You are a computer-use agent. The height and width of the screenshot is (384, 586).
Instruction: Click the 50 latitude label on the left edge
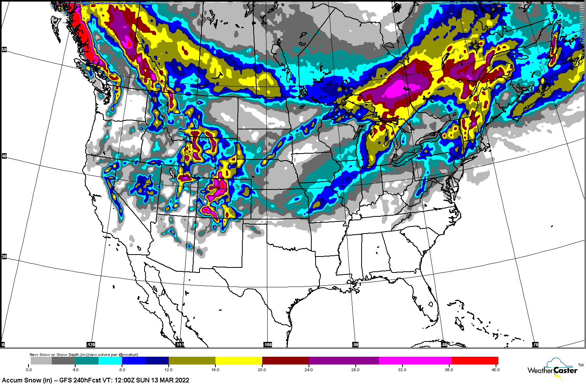(4, 50)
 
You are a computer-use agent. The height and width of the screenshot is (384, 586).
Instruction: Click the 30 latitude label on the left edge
(4, 257)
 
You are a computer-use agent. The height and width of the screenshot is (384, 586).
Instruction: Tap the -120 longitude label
(90, 345)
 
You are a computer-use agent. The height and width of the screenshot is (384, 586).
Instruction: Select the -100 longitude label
(268, 345)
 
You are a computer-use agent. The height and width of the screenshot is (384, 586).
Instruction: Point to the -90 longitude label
(355, 345)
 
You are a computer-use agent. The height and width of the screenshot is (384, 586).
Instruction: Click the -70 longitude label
(535, 345)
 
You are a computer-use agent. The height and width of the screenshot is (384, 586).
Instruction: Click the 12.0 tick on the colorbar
(169, 370)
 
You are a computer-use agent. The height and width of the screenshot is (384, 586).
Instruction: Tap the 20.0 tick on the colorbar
(262, 370)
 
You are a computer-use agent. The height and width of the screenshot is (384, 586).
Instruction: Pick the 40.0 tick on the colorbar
(495, 370)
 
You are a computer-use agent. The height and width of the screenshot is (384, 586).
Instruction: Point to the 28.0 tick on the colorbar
(355, 370)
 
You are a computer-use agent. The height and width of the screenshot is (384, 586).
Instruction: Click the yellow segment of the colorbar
(238, 361)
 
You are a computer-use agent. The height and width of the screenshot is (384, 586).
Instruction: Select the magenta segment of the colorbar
(415, 361)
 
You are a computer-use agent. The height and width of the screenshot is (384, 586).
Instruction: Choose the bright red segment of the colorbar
(475, 361)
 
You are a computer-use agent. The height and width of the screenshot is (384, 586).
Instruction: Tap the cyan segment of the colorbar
(110, 361)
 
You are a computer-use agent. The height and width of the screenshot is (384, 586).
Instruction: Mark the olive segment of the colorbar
(192, 361)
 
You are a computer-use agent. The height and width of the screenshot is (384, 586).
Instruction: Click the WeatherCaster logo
(553, 369)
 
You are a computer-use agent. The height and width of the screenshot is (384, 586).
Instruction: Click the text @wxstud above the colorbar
(127, 355)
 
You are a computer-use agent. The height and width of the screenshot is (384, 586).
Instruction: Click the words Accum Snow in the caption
(21, 380)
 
